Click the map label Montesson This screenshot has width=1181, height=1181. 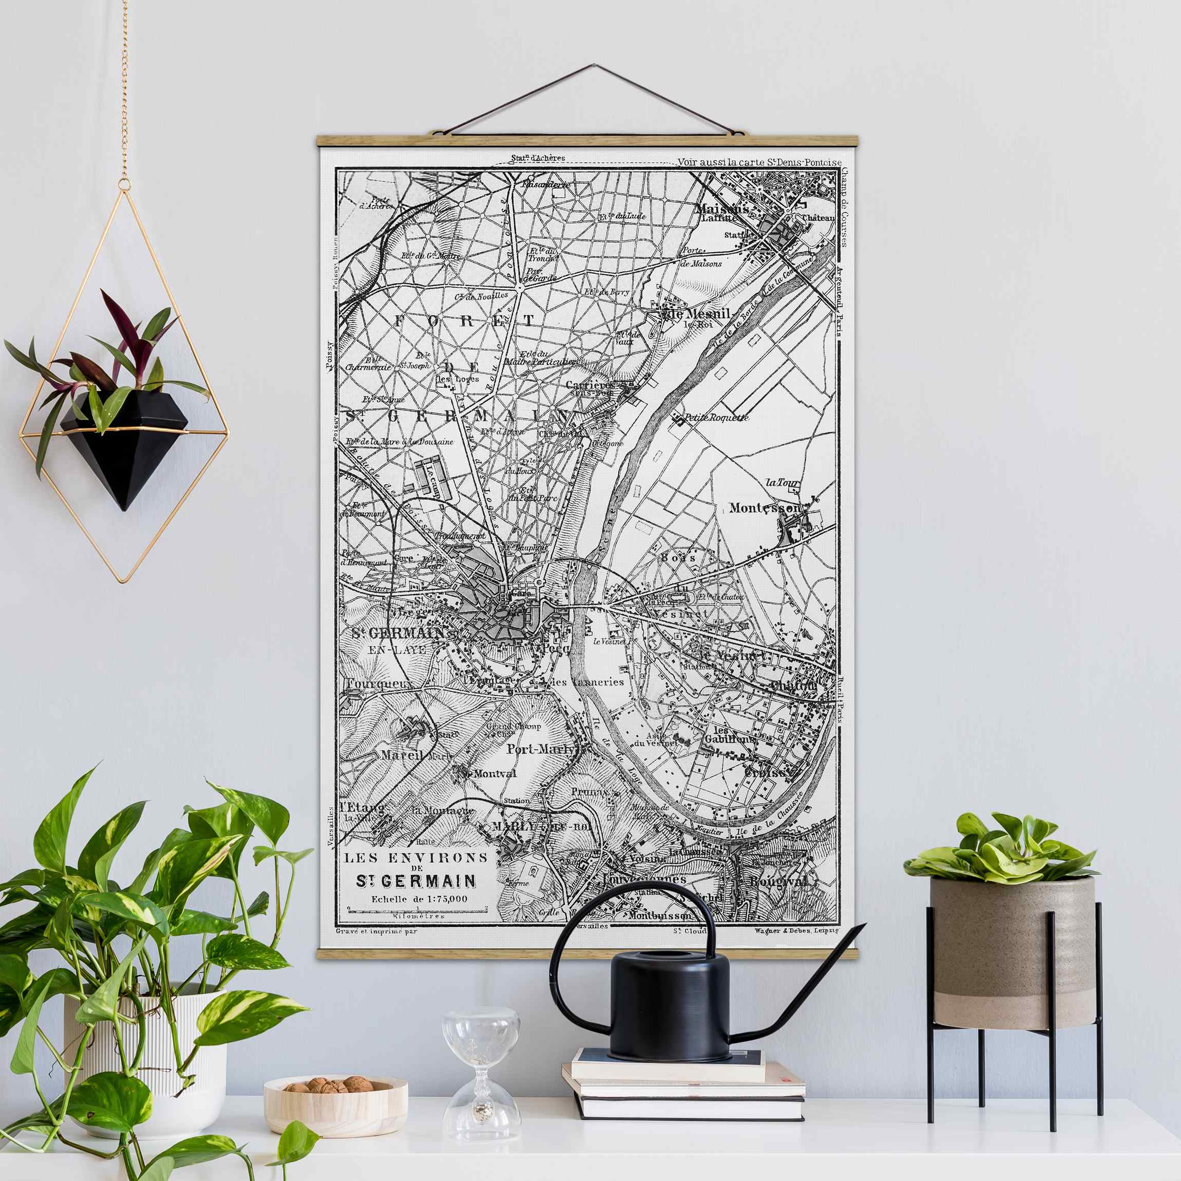[765, 508]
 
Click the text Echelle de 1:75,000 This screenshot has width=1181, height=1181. [420, 899]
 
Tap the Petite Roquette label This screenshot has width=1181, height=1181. [716, 417]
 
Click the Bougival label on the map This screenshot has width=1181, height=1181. [778, 882]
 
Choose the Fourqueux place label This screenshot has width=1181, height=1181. [378, 684]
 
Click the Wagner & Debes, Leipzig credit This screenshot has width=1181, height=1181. [796, 931]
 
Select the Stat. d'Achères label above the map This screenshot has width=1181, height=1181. [538, 158]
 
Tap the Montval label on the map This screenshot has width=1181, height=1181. [494, 774]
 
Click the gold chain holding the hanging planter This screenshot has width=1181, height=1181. [124, 92]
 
